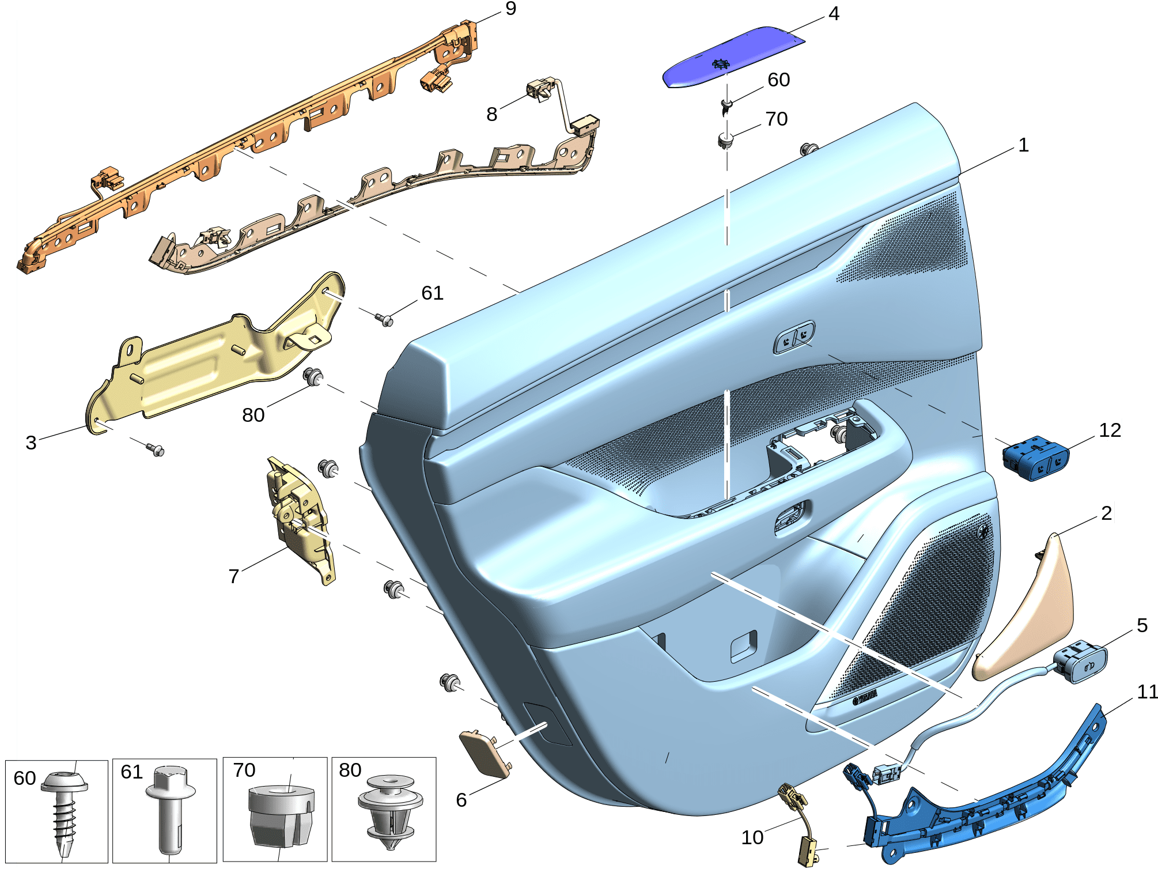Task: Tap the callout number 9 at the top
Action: pos(510,9)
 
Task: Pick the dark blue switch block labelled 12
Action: pos(1036,458)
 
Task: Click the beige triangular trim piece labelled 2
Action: pos(1025,611)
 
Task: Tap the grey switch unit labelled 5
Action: pos(1081,663)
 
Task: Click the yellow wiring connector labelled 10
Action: pos(801,824)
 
